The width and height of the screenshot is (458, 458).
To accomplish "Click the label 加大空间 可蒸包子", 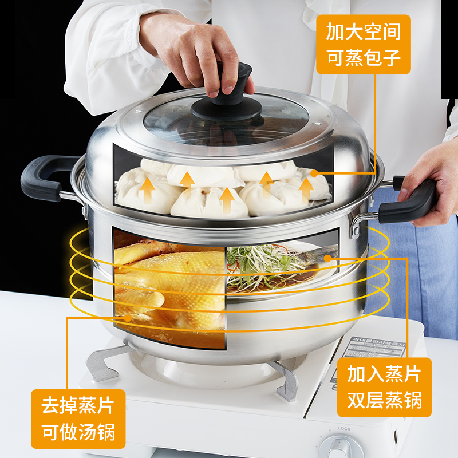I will tap(364, 45).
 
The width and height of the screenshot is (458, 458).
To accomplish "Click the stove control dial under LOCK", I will tap(344, 447).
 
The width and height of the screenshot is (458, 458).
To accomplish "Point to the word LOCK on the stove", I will tap(344, 428).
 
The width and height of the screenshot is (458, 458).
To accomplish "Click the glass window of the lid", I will tap(226, 123).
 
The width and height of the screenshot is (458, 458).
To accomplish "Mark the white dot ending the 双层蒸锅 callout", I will tap(327, 259).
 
